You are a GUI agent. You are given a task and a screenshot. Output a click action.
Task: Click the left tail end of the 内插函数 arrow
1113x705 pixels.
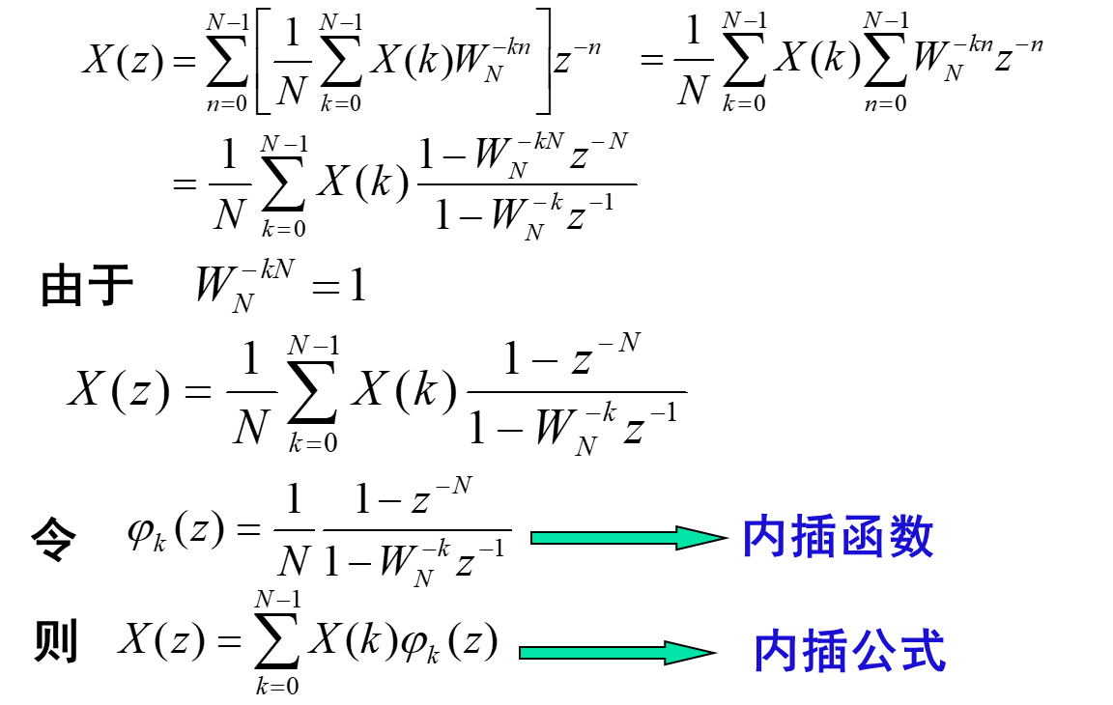[x=537, y=538]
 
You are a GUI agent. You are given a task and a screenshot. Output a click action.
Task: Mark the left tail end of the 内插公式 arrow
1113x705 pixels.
[x=526, y=653]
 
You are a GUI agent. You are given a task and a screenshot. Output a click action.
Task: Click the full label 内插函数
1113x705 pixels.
[x=838, y=537]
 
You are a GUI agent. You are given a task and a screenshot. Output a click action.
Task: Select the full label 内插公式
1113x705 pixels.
[x=849, y=652]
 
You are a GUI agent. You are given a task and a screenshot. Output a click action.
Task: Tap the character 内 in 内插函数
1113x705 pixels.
[x=765, y=537]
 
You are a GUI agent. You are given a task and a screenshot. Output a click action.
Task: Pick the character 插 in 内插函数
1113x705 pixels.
[x=813, y=537]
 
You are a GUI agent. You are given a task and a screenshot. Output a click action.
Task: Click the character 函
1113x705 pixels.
[x=863, y=537]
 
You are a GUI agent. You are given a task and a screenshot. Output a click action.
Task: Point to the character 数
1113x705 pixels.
[x=911, y=537]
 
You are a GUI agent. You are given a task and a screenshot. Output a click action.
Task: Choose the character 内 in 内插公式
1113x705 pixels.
[x=776, y=652]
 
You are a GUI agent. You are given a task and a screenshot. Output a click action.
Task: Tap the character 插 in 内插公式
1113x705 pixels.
[x=825, y=652]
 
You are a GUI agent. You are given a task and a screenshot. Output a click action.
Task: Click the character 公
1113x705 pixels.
[x=874, y=652]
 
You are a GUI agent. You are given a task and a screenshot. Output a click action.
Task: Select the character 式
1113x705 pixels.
[x=923, y=652]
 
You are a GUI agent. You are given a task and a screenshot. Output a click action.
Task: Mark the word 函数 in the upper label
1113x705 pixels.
[x=887, y=537]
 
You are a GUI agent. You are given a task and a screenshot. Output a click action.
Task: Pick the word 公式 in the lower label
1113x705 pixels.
[x=899, y=652]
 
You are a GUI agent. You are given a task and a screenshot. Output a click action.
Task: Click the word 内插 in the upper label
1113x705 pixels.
[x=789, y=537]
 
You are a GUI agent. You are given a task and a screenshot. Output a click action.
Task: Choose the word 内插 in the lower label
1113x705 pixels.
[x=800, y=652]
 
